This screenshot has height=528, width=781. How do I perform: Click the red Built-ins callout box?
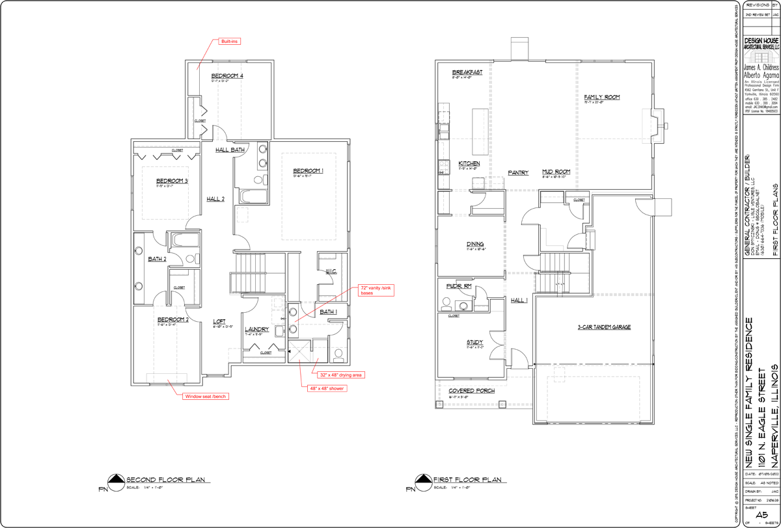230,42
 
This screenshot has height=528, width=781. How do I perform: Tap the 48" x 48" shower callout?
327,388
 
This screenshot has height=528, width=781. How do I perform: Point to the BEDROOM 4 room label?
227,76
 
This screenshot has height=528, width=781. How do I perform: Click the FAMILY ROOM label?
601,97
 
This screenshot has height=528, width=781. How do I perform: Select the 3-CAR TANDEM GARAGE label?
604,327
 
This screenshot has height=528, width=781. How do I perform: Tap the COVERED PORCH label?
471,391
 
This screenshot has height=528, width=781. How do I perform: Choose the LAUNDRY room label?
256,330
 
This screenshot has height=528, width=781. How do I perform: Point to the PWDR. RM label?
458,286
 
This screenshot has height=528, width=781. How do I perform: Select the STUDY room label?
474,342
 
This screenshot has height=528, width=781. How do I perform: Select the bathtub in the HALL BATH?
251,196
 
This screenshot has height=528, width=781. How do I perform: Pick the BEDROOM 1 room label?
308,171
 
